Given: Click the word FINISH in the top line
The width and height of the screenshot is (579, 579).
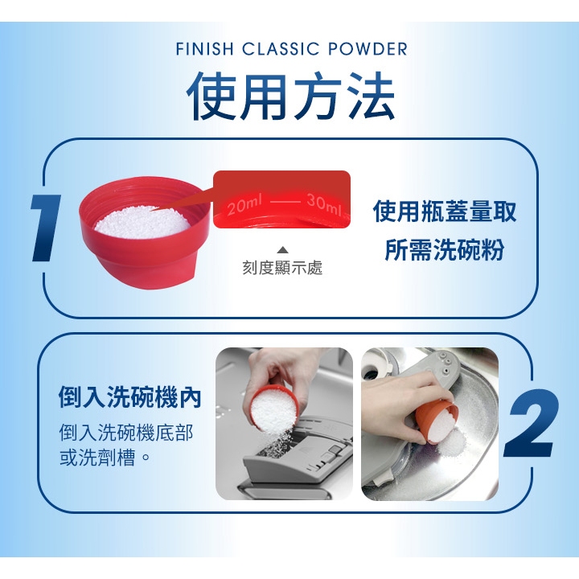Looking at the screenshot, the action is [204, 49].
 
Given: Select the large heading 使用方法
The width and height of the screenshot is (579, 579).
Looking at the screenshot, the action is [291, 96].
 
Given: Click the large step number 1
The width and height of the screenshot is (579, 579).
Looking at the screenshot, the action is [46, 228].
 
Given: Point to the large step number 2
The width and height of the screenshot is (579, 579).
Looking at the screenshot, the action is [532, 423].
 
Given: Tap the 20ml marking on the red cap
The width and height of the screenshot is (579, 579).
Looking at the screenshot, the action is [244, 206].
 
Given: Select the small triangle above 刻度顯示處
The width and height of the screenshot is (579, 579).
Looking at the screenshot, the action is [282, 250].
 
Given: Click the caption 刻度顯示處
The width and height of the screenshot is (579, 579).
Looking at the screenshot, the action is [282, 267].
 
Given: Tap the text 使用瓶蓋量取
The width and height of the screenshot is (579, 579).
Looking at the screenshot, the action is [445, 211].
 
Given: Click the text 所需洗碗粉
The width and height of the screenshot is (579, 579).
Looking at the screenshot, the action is [445, 249].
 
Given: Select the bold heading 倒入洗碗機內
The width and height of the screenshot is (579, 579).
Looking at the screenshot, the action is [129, 397].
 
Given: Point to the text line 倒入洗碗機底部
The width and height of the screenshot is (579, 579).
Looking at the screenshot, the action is [126, 433].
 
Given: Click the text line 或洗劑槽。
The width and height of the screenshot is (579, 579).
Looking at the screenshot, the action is [105, 458].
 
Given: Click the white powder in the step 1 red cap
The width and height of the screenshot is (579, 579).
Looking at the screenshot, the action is [142, 223].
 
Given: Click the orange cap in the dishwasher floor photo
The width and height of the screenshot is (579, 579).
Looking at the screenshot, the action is [436, 421].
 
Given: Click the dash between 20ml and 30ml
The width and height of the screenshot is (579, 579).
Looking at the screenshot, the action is [285, 202].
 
